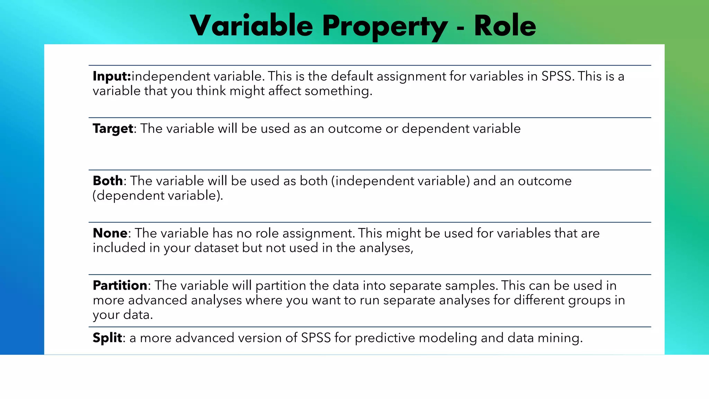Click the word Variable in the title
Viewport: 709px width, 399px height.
click(x=251, y=26)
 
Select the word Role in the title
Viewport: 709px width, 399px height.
click(x=505, y=26)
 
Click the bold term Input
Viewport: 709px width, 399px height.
click(x=111, y=76)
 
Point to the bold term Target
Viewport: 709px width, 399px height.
click(x=113, y=129)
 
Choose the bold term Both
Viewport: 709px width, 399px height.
click(x=108, y=181)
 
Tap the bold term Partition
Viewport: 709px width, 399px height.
click(x=120, y=285)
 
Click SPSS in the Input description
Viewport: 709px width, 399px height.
click(x=556, y=76)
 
